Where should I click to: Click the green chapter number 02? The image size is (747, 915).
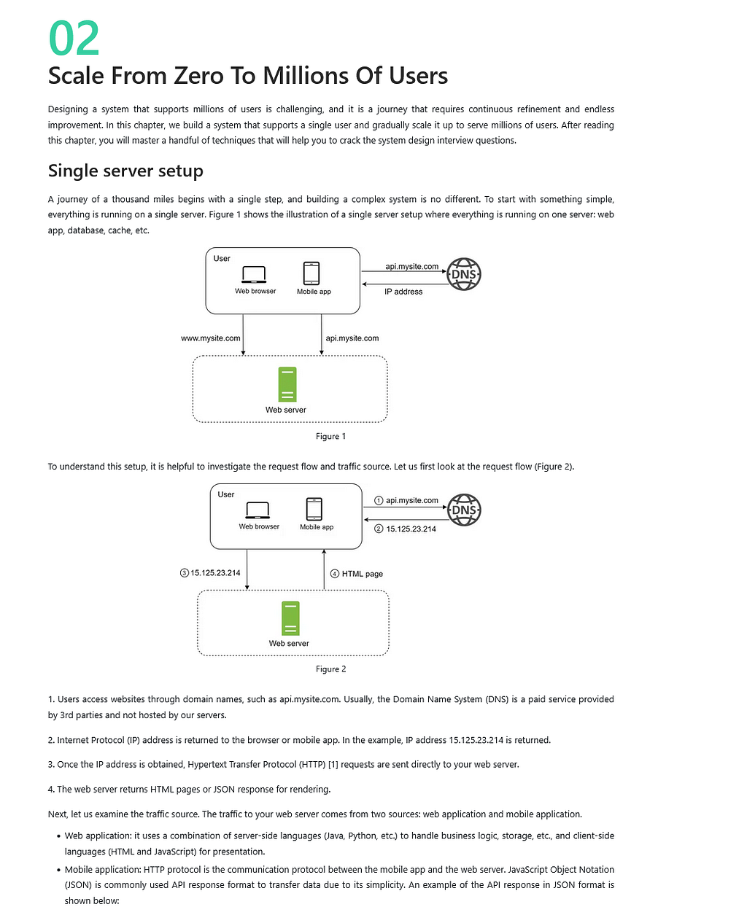click(74, 38)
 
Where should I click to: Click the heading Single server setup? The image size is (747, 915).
click(125, 171)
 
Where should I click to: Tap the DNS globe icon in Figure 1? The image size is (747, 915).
click(463, 273)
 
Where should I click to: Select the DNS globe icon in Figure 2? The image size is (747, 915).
click(464, 510)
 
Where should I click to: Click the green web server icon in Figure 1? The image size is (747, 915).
click(287, 384)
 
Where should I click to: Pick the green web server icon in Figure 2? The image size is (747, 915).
click(290, 618)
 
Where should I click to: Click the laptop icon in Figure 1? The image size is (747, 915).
click(253, 274)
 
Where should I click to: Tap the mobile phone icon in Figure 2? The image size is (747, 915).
click(314, 508)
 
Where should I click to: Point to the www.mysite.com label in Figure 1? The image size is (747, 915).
click(211, 338)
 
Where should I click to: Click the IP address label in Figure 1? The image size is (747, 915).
click(403, 292)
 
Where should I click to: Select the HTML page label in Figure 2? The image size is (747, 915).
click(362, 574)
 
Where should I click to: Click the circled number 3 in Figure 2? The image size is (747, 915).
click(184, 572)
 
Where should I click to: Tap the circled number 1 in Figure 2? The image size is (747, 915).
click(379, 500)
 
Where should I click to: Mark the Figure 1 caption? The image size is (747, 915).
click(330, 436)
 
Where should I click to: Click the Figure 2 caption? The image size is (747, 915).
click(330, 669)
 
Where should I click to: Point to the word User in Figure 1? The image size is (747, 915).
click(221, 258)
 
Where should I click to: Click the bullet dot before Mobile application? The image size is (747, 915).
click(58, 870)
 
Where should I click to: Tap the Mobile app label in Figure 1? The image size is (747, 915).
click(314, 292)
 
